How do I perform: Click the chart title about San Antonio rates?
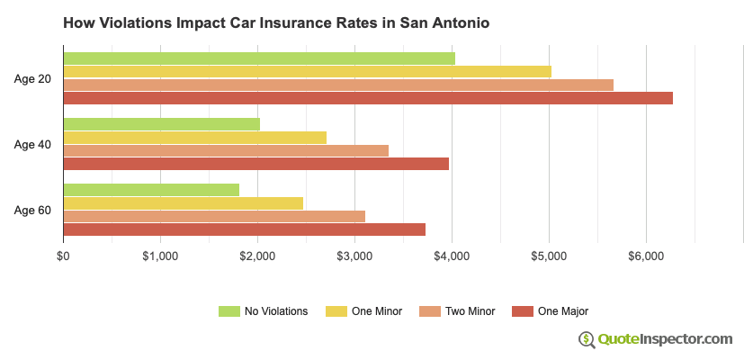(276, 22)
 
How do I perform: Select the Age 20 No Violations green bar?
(259, 58)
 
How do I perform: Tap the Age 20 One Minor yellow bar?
(307, 71)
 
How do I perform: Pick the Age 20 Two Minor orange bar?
(338, 85)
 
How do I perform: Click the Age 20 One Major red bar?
(368, 98)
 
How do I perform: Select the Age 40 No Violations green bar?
(162, 124)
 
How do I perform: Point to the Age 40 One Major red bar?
(255, 164)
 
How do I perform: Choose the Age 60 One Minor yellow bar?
(183, 202)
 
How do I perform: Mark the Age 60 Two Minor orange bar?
(214, 216)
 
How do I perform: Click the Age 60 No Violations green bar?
(151, 190)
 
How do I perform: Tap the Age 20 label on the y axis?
(32, 79)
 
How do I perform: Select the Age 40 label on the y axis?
(32, 145)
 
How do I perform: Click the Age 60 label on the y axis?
(32, 211)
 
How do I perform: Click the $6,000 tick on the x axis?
(646, 256)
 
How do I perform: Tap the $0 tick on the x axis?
(63, 256)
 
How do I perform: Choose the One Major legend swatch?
(523, 311)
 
